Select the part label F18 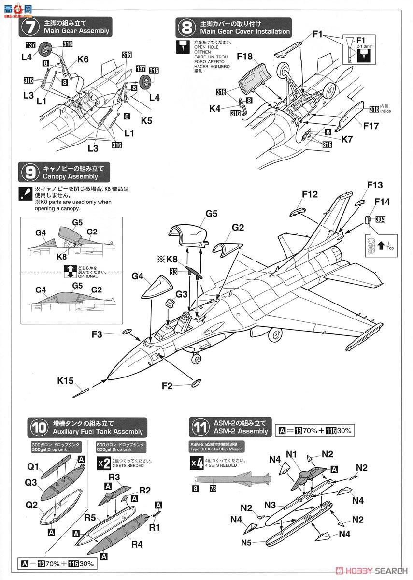(245, 57)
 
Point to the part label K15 (65, 381)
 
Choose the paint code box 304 (381, 219)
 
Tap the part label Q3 (31, 482)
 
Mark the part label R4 (137, 544)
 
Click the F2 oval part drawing (196, 383)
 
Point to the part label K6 (83, 59)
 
